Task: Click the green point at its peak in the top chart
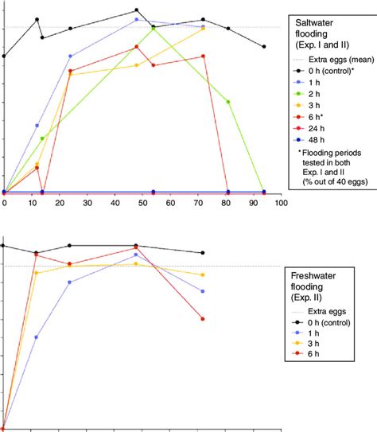(x=153, y=28)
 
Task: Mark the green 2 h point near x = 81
(x=228, y=102)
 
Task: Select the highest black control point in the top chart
(x=137, y=10)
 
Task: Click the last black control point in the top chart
(x=264, y=47)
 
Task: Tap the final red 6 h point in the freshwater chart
(x=204, y=319)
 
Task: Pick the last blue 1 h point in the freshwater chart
(x=204, y=291)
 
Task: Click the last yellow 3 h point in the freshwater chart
(x=204, y=274)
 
